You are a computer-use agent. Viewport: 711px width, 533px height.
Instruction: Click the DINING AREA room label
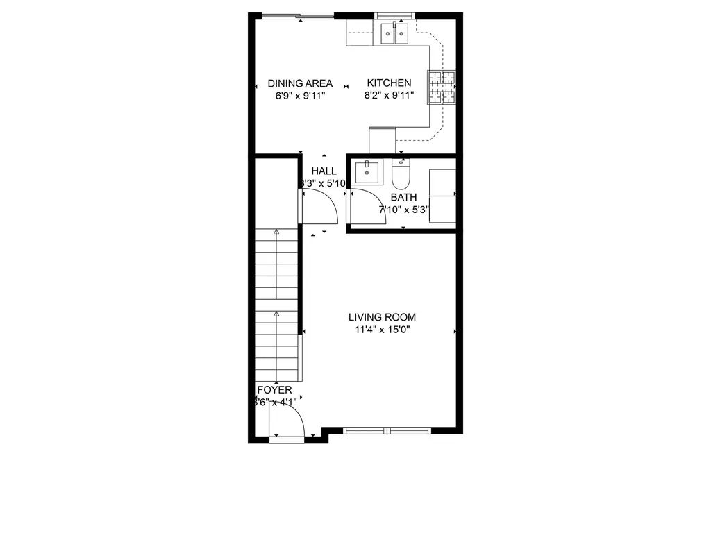[x=300, y=83]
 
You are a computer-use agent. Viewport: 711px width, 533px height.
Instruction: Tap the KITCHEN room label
[x=389, y=83]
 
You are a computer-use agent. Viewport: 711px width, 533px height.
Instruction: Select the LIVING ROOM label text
[x=382, y=317]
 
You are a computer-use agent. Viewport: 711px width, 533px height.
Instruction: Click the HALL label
[x=324, y=171]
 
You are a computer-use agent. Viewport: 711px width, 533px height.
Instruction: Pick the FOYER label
[x=274, y=390]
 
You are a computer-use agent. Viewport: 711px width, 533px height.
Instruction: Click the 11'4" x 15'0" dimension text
[x=382, y=330]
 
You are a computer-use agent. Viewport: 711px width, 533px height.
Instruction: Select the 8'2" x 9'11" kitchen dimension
[x=389, y=96]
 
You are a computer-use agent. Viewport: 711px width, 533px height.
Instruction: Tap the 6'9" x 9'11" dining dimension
[x=300, y=96]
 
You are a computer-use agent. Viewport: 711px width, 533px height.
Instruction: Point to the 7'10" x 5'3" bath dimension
[x=403, y=208]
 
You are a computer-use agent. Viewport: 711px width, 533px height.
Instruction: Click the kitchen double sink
[x=394, y=33]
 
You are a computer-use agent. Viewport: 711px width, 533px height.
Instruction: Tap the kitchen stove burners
[x=442, y=88]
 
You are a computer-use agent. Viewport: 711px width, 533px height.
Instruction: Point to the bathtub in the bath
[x=442, y=196]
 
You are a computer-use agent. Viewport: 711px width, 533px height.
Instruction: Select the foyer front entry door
[x=287, y=422]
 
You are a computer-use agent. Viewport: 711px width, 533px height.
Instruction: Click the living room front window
[x=387, y=430]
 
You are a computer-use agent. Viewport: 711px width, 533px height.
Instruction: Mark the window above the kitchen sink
[x=394, y=15]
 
